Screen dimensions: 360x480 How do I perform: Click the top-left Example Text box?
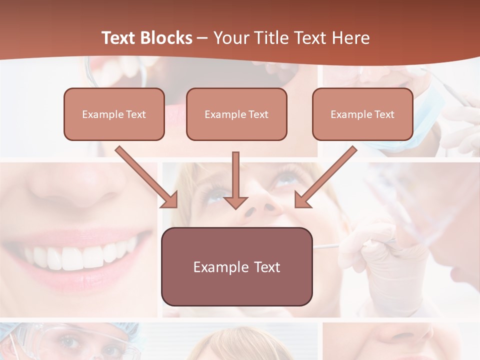(114, 114)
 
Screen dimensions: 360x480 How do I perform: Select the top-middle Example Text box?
(236, 114)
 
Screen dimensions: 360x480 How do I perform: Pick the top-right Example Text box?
(362, 114)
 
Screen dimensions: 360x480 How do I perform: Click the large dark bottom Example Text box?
(236, 266)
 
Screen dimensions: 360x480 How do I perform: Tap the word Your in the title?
(230, 38)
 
